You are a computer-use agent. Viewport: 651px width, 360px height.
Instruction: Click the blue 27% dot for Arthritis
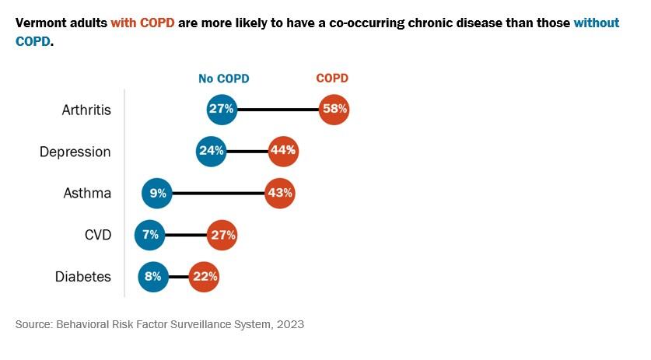[222, 109]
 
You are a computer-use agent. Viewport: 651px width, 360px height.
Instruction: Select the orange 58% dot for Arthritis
[334, 109]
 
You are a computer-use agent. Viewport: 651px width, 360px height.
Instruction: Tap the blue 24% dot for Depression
[212, 151]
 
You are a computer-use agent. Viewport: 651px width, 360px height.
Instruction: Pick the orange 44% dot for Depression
[282, 151]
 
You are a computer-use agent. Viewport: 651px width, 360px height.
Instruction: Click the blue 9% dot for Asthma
[157, 193]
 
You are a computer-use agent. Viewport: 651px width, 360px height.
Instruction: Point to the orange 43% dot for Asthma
[279, 193]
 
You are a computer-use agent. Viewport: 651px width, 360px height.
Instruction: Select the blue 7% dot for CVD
[150, 235]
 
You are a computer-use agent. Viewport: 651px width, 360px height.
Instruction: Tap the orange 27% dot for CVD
[222, 235]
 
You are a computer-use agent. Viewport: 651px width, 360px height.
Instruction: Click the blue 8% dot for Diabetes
[153, 277]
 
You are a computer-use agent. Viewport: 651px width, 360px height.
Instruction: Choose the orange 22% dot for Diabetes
[204, 277]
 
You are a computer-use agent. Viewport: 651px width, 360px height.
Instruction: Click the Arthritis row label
[86, 110]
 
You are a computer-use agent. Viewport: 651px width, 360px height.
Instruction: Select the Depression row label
[75, 152]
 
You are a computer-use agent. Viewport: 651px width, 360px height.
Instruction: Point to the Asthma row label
[87, 194]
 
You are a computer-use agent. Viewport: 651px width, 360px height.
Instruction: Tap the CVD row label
[96, 236]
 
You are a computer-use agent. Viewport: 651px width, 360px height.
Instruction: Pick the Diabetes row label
[83, 277]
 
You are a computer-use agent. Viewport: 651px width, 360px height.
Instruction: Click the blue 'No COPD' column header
[223, 79]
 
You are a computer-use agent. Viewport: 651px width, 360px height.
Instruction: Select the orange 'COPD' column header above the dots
[332, 79]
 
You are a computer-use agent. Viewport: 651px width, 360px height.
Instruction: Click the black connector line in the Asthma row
[218, 193]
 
